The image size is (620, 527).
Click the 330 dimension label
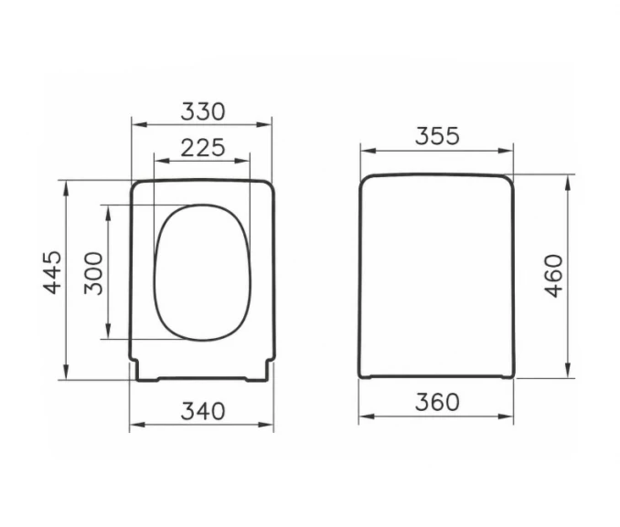[203, 111]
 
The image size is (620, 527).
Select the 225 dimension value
[203, 148]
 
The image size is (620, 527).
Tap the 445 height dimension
[53, 272]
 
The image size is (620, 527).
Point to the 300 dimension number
[93, 273]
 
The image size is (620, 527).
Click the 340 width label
[203, 411]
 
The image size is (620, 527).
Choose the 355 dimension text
[437, 136]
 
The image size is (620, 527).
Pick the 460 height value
[553, 276]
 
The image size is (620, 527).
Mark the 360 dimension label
[437, 402]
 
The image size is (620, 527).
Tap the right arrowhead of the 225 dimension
[242, 161]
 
